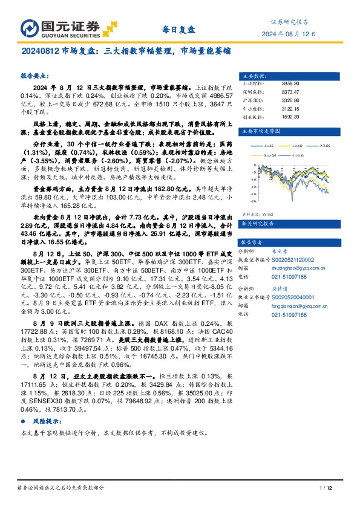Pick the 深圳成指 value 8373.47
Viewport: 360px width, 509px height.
tap(291, 92)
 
